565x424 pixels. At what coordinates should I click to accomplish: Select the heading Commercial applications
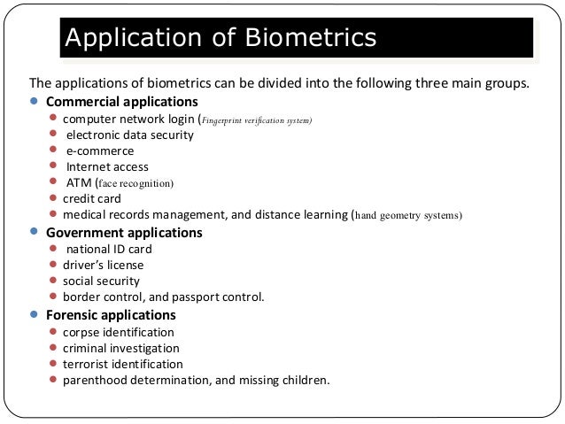[x=121, y=102]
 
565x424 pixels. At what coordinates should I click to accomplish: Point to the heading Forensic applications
[x=111, y=314]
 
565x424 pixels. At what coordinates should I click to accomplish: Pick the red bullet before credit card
[x=54, y=197]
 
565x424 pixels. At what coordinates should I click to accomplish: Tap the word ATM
[x=79, y=182]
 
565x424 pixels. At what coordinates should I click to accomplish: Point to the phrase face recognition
[x=135, y=183]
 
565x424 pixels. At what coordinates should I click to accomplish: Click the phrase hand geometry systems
[x=407, y=215]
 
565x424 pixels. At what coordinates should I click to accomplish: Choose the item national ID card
[x=109, y=249]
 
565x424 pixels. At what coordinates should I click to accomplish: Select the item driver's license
[x=103, y=265]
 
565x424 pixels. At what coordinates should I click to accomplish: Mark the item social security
[x=101, y=281]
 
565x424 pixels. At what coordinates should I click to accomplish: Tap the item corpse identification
[x=118, y=331]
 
